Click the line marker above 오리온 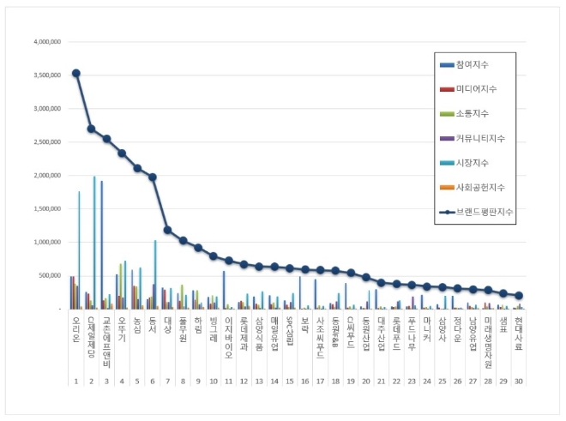[76, 73]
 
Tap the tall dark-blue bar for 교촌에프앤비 [102, 244]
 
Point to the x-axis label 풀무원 [183, 329]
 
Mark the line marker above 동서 [153, 177]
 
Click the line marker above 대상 [168, 230]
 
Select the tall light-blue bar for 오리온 [79, 250]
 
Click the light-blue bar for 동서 [155, 274]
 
